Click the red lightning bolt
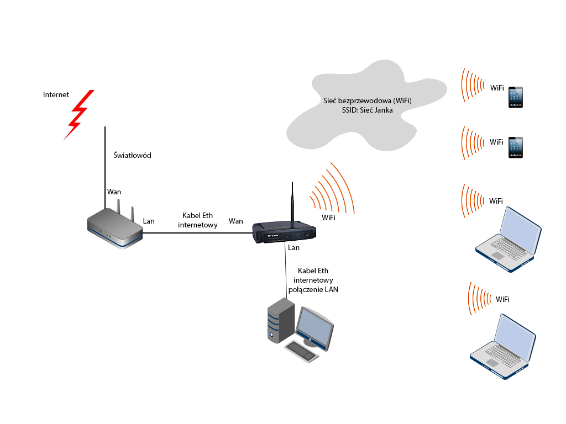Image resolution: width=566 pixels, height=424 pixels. click(78, 115)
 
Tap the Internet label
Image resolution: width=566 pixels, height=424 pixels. click(56, 95)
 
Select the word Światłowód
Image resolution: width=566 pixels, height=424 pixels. click(132, 155)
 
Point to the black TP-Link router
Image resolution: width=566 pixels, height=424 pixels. click(285, 232)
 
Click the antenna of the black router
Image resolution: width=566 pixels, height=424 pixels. click(292, 202)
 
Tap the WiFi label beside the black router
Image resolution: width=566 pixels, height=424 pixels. click(328, 218)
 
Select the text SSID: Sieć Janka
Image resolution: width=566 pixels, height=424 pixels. click(368, 110)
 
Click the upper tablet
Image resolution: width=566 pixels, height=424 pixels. click(516, 97)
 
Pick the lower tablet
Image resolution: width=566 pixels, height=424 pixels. click(516, 147)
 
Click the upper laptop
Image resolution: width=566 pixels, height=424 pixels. click(509, 240)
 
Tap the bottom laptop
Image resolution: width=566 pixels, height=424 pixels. click(503, 347)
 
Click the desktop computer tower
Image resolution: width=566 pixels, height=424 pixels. click(281, 321)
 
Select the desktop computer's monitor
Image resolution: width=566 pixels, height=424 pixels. click(315, 328)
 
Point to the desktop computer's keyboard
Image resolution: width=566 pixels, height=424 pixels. click(302, 351)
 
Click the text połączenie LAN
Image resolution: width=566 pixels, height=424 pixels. click(313, 289)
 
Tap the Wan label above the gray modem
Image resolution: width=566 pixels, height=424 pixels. click(114, 192)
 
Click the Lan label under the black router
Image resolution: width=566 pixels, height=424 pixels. click(294, 248)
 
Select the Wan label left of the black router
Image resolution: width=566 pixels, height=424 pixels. click(235, 221)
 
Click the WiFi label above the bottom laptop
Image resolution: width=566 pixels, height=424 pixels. click(502, 299)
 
